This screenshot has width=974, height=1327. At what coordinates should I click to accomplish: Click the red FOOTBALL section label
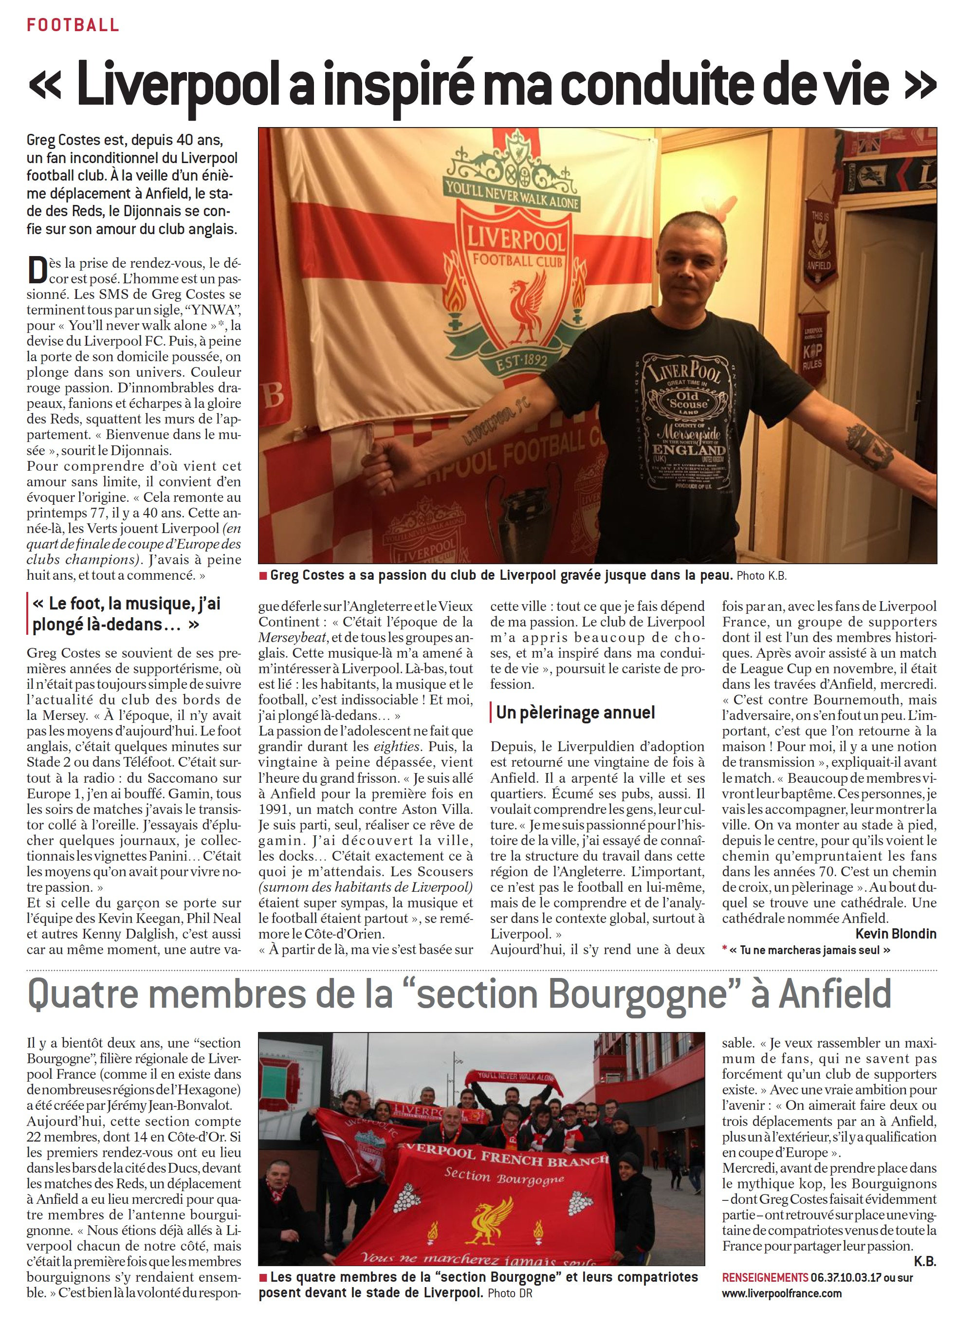(x=73, y=25)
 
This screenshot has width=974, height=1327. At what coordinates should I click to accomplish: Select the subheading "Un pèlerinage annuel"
(x=575, y=713)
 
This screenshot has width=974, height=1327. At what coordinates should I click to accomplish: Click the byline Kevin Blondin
(x=895, y=933)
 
